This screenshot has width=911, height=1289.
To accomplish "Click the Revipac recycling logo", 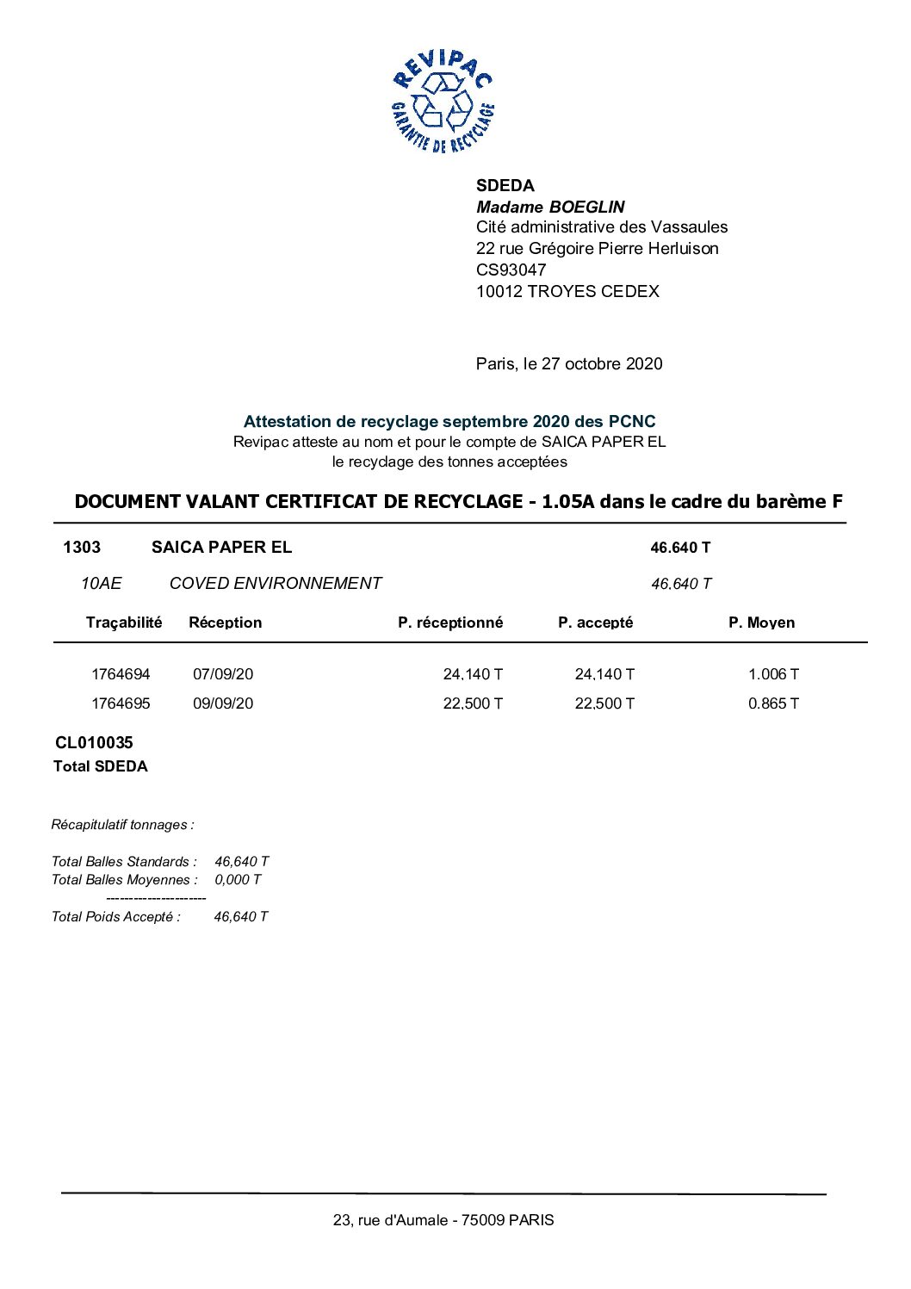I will click(443, 102).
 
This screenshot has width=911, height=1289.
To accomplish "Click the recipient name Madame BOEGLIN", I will click(550, 207).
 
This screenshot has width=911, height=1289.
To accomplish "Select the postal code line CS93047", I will click(511, 270).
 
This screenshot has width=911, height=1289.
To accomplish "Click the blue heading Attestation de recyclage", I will click(449, 421).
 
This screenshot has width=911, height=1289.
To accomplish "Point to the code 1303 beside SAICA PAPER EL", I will click(82, 548).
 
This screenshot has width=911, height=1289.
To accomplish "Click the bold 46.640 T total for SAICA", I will click(680, 548).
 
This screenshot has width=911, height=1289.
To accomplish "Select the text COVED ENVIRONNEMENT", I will click(275, 584).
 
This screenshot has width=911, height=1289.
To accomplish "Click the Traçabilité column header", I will click(124, 623).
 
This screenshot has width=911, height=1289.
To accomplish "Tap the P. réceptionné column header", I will click(450, 623).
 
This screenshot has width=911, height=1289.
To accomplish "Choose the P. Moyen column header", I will click(761, 623).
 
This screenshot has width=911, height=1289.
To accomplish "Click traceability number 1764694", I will click(121, 674).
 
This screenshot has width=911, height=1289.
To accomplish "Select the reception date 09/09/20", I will click(223, 703).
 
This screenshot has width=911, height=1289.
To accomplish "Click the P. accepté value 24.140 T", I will click(604, 674).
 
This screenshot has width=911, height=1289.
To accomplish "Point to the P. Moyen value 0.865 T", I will click(773, 703).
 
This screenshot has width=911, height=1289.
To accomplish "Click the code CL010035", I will click(94, 742).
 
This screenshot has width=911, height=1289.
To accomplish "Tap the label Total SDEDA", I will click(100, 766).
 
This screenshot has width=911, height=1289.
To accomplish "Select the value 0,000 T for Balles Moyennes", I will click(238, 880).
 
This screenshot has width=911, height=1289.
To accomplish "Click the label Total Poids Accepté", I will click(116, 917).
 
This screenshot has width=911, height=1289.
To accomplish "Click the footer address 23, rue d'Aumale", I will click(443, 1220).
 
